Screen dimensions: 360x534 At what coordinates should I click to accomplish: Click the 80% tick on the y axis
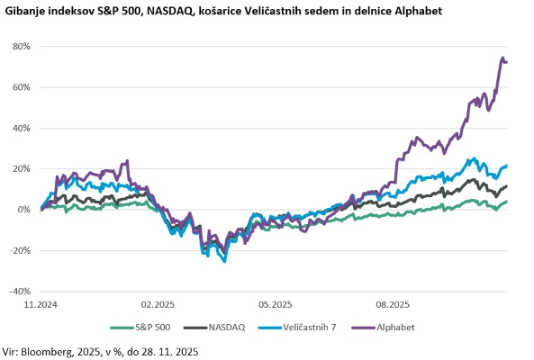click(22, 46)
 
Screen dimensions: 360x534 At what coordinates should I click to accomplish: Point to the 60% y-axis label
click(22, 87)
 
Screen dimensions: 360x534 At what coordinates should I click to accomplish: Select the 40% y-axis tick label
click(22, 128)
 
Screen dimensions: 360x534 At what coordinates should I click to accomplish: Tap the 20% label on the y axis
click(22, 168)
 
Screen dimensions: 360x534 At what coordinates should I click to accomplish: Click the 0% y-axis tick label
click(24, 210)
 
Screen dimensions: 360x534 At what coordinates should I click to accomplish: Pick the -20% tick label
click(20, 250)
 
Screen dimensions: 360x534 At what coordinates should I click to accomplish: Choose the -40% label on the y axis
click(20, 292)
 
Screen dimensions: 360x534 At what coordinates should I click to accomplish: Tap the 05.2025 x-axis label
click(276, 305)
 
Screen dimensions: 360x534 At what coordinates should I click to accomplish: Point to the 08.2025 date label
click(393, 305)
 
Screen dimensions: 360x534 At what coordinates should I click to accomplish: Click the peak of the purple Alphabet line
click(502, 58)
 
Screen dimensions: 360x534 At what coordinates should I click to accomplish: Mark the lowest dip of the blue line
click(224, 261)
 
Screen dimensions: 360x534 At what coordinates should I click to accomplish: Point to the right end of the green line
click(506, 202)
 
